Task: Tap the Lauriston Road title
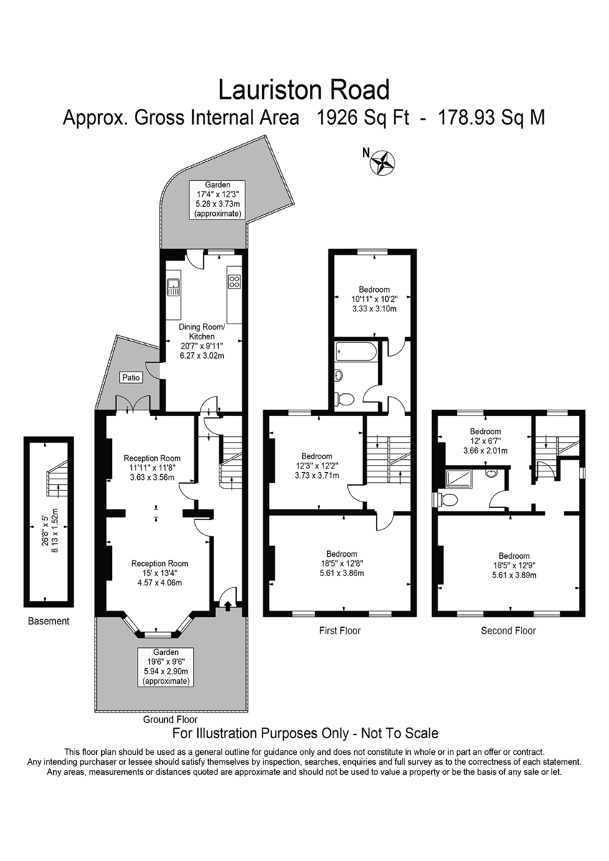[304, 90]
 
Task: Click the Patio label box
[131, 377]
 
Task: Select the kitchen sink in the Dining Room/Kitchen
[174, 287]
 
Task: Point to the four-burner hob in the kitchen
[234, 281]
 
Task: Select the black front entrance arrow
[227, 606]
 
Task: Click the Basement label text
[48, 621]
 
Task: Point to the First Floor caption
[340, 631]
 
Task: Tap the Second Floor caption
[508, 631]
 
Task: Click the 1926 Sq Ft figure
[362, 118]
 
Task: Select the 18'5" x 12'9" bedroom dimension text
[514, 565]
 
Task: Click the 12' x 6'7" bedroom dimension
[486, 441]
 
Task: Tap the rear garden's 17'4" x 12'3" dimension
[217, 194]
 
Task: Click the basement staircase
[57, 477]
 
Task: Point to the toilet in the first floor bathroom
[344, 400]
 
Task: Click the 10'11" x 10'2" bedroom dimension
[374, 298]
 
